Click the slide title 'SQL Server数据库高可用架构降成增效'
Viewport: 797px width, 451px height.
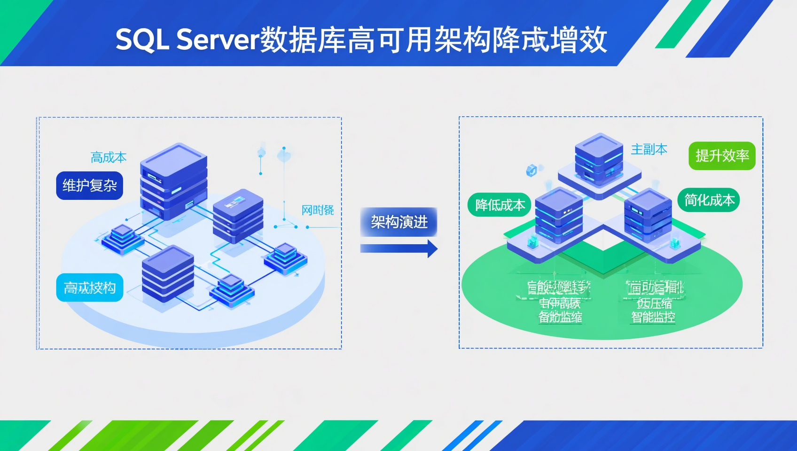361,40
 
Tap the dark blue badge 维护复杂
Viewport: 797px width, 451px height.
89,186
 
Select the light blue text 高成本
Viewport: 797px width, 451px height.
109,157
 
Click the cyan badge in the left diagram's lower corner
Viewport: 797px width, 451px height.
89,288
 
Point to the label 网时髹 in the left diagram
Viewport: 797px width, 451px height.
318,210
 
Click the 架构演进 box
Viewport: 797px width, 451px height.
398,222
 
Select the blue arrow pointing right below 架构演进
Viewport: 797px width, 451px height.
398,249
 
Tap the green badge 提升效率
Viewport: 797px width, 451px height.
722,156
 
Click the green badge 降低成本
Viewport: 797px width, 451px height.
500,205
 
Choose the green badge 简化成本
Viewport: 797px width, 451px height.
709,201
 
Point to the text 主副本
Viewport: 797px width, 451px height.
649,149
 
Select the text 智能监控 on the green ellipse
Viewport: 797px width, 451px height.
653,317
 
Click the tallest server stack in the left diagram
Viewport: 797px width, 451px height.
173,181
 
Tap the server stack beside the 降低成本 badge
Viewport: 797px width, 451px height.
559,214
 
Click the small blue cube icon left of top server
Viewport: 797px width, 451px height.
531,170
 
